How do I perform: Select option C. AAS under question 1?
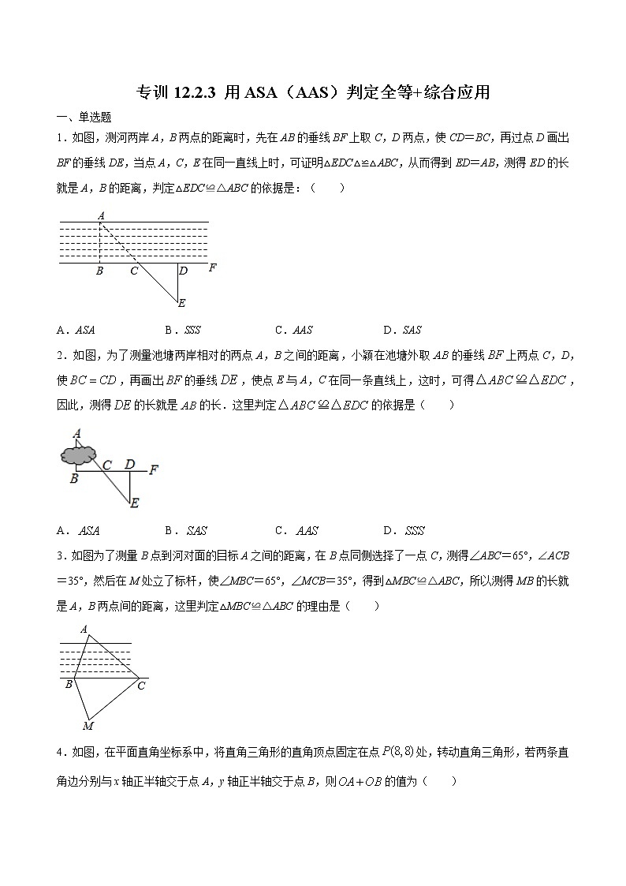coord(293,331)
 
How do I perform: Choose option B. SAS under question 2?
coord(186,531)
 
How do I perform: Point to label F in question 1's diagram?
coord(212,268)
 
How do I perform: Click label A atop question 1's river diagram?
coord(101,215)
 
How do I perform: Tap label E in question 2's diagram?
coord(134,503)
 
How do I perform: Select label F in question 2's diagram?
coord(154,470)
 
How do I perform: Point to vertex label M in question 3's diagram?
coord(88,726)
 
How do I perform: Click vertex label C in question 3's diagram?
coord(141,686)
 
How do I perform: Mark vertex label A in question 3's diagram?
coord(84,629)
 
